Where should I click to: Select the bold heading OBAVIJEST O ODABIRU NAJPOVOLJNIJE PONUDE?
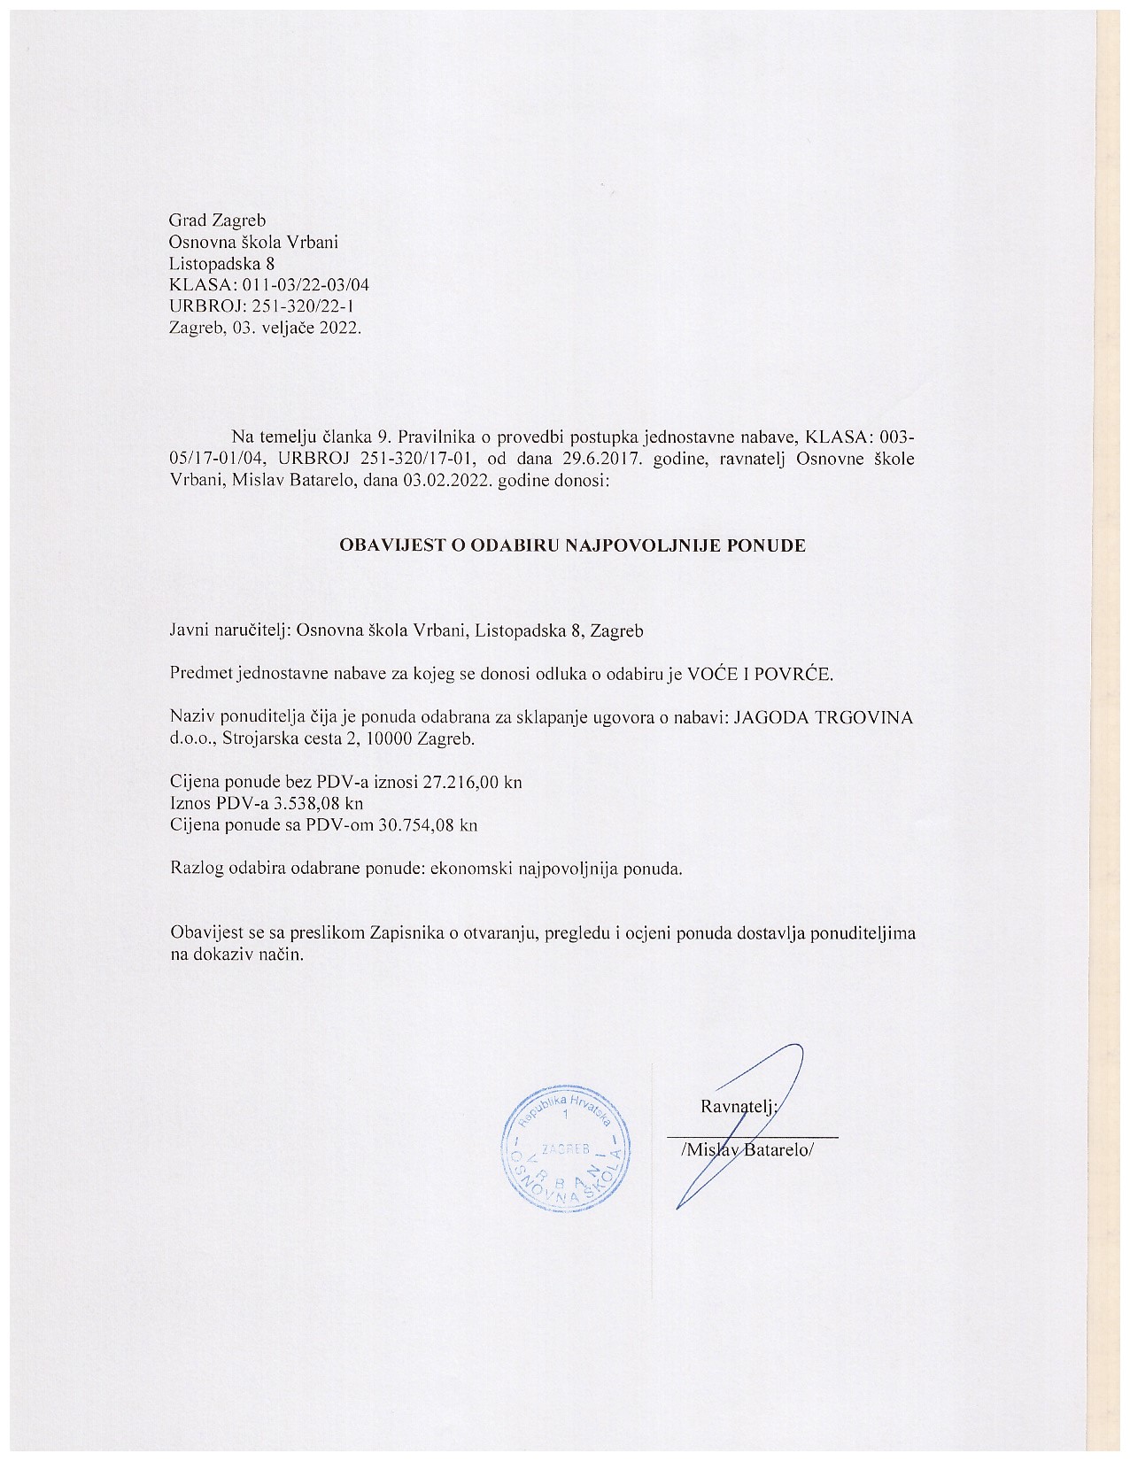(x=573, y=545)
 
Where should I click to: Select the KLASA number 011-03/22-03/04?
(x=299, y=284)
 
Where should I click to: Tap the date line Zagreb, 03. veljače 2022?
(x=265, y=327)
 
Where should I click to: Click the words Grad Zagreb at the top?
(x=217, y=220)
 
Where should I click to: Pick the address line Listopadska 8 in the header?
(x=221, y=263)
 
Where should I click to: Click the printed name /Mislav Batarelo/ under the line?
(x=746, y=1148)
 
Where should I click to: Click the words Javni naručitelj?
(x=230, y=631)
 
